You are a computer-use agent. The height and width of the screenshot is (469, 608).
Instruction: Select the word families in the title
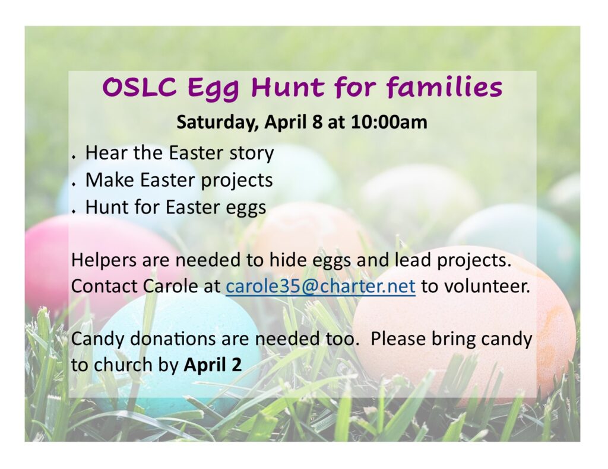point(444,86)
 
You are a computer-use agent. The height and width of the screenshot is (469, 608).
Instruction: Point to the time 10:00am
point(389,122)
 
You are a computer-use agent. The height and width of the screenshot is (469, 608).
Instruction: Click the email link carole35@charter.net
point(320,286)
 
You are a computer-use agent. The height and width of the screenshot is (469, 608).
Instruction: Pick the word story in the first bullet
point(252,154)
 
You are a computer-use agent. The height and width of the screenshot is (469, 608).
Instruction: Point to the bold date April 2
point(213,365)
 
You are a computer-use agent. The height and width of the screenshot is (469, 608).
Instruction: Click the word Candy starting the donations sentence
point(98,339)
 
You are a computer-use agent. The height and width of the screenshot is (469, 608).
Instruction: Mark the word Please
point(398,339)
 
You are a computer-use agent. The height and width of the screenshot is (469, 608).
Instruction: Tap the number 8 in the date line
point(317,122)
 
